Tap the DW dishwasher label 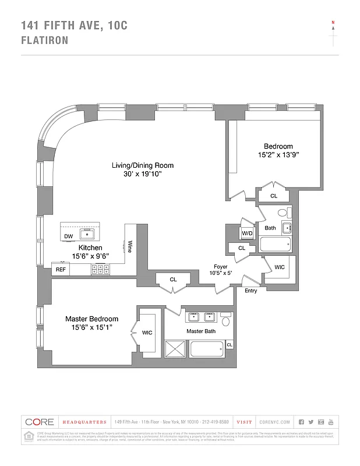pos(69,236)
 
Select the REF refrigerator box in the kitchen pos(61,270)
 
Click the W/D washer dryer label pos(248,234)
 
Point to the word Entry pos(250,291)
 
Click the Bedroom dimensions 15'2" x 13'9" pos(278,155)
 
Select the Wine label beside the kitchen pos(130,246)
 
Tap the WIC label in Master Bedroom pos(147,333)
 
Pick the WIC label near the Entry pos(280,268)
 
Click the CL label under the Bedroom pos(273,196)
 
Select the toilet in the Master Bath pos(227,320)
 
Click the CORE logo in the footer pos(40,422)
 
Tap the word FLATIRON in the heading pos(45,40)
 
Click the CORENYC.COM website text pos(273,422)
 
